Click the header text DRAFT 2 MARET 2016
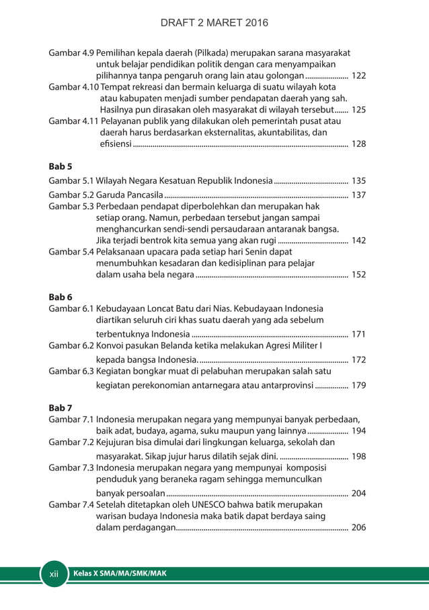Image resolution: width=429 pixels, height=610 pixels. [x=214, y=23]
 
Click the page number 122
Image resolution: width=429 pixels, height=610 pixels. [x=358, y=76]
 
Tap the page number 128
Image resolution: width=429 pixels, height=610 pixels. [x=358, y=144]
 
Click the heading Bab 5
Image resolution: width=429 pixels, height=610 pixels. [x=61, y=166]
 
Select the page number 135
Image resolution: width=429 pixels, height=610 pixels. [x=358, y=181]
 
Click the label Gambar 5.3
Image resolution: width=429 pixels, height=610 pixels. [x=72, y=206]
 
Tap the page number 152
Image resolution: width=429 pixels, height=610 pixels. [x=358, y=275]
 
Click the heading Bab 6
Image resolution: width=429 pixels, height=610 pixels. [x=61, y=297]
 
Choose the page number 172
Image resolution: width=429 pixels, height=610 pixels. [x=358, y=360]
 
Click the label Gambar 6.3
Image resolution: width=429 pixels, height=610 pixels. [x=72, y=370]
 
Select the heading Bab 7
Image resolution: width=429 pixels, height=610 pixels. [x=61, y=408]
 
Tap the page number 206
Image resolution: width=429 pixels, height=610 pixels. [x=358, y=528]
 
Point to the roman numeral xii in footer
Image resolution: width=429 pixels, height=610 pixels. [x=55, y=574]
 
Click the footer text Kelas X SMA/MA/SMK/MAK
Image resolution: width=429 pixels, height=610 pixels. [x=120, y=574]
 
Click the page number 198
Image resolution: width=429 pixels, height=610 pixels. [x=358, y=456]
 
